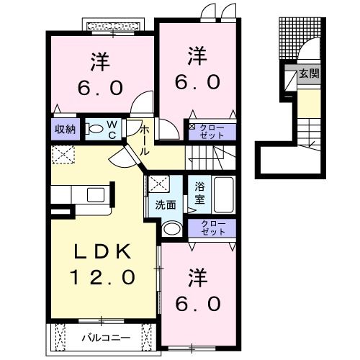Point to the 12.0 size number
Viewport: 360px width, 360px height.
tap(102, 276)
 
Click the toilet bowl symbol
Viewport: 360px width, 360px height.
tap(94, 130)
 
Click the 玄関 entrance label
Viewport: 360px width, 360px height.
tap(309, 73)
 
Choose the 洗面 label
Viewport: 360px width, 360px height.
tap(166, 204)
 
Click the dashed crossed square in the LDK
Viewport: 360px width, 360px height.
tap(63, 154)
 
